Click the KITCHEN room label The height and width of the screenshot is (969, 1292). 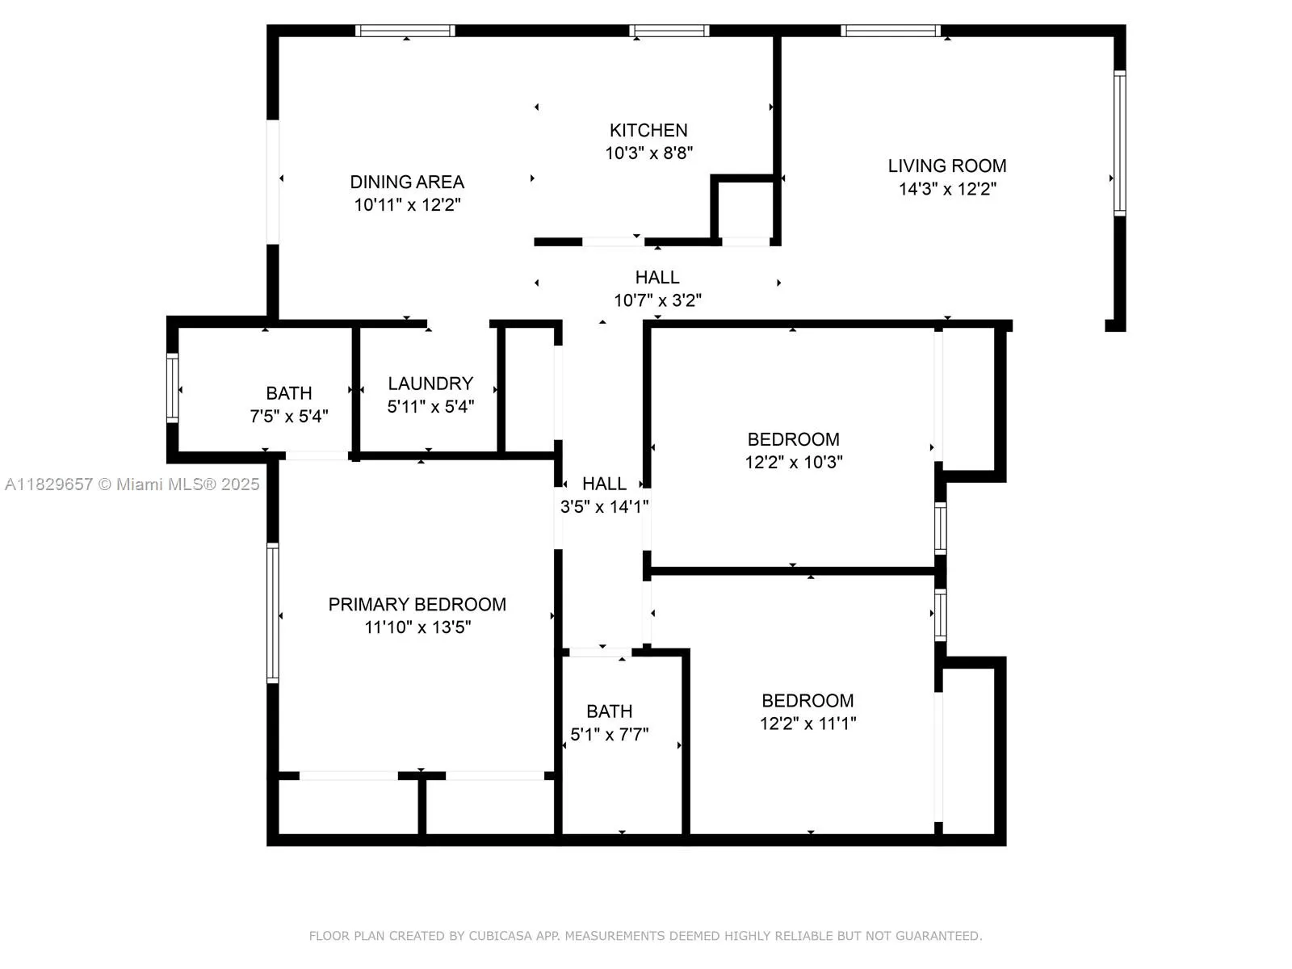click(x=648, y=130)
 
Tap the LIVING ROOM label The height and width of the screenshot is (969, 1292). click(x=947, y=166)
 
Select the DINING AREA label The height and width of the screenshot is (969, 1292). click(x=407, y=182)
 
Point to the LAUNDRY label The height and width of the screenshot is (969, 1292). click(x=430, y=384)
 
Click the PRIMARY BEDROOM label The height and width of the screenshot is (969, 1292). click(x=417, y=604)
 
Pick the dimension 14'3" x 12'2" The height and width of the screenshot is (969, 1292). click(x=947, y=189)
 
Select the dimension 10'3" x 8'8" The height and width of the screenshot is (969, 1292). click(x=648, y=153)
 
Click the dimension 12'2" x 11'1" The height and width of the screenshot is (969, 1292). click(x=807, y=724)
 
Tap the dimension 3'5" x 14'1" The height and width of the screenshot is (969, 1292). click(x=605, y=507)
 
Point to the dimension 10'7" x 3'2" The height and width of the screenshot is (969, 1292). click(x=657, y=300)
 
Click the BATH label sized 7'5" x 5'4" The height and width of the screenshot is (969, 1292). click(x=289, y=393)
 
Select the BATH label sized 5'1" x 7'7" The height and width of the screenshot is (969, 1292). click(x=610, y=711)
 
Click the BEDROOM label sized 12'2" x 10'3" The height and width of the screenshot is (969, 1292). click(x=793, y=439)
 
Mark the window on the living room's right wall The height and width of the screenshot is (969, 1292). click(x=1119, y=144)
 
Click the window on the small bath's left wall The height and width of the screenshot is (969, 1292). click(x=172, y=388)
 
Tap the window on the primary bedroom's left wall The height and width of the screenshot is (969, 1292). click(x=273, y=613)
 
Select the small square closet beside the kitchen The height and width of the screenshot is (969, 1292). click(x=745, y=210)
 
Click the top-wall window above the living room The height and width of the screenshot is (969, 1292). click(x=890, y=31)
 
